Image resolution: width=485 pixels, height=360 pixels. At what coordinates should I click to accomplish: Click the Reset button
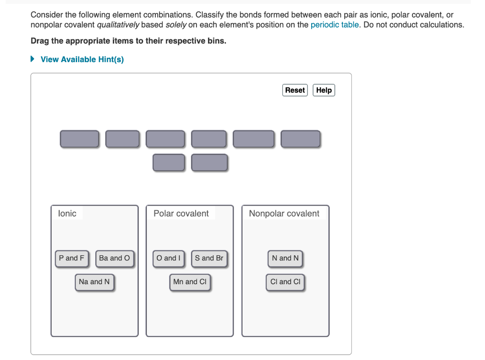[x=295, y=90]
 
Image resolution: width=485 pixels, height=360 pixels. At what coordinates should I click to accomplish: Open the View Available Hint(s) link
[x=82, y=59]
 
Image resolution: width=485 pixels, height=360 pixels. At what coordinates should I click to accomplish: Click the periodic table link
[x=334, y=25]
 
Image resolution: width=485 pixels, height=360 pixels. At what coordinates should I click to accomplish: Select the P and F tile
[x=72, y=258]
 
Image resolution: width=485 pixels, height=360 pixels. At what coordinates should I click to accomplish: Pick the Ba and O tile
[x=114, y=258]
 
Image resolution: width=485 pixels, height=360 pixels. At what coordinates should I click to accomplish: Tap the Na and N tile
[x=94, y=282]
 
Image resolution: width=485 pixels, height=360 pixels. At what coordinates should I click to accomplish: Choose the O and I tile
[x=169, y=258]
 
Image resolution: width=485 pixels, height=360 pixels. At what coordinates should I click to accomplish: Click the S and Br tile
[x=209, y=258]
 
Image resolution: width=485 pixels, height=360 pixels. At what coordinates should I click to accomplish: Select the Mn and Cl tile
[x=189, y=282]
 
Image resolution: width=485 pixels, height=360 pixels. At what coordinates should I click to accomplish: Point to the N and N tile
[x=285, y=258]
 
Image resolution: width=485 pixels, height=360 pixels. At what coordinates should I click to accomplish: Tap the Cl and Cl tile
[x=285, y=282]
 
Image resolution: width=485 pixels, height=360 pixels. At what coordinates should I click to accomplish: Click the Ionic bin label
[x=67, y=214]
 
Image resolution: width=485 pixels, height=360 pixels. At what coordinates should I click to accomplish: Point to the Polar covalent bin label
[x=181, y=214]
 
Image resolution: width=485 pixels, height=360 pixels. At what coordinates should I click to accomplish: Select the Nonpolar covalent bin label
[x=284, y=214]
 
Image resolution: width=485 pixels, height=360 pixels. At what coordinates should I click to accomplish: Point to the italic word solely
[x=176, y=25]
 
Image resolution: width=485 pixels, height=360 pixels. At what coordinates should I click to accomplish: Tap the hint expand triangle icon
[x=33, y=59]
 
